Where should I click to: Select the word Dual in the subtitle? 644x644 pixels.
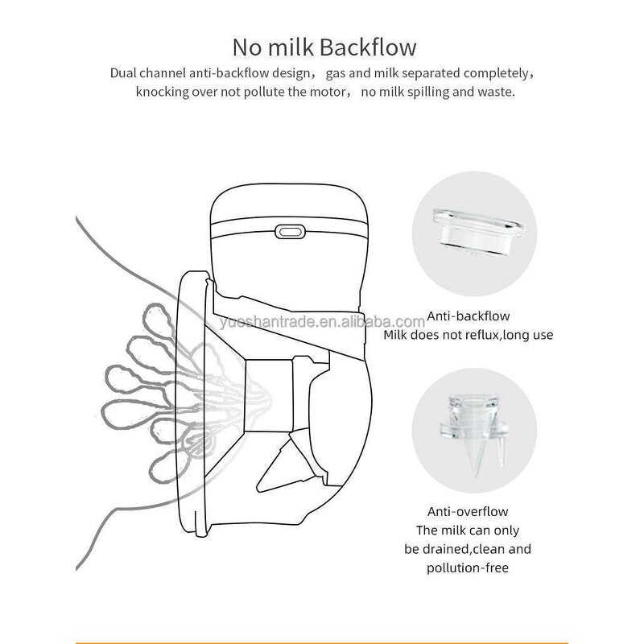pos(123,74)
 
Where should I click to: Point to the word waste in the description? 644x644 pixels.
pos(496,92)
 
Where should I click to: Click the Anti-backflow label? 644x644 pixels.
pos(468,316)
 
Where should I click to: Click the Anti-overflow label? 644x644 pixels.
pos(468,511)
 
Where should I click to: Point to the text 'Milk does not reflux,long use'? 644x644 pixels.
pos(468,335)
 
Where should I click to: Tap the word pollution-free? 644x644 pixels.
pos(468,568)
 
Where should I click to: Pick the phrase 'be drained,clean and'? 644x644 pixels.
pos(468,549)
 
